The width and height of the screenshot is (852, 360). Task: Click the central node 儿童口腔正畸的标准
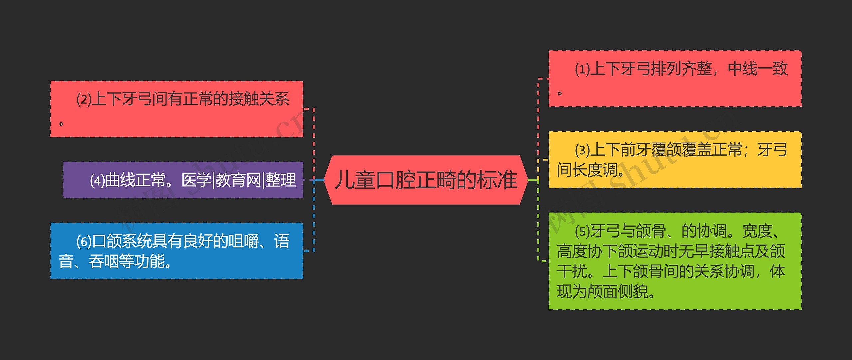pos(426,180)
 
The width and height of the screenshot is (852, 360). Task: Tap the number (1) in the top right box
pos(582,69)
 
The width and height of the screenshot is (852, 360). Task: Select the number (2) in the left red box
pos(84,99)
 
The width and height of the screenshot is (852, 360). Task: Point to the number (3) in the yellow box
pos(582,150)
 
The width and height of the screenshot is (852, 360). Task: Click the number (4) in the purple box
pos(97,180)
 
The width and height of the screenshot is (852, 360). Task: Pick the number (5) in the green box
pos(582,231)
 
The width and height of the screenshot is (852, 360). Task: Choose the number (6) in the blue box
pos(84,241)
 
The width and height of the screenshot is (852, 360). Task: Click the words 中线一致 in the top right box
pos(757,69)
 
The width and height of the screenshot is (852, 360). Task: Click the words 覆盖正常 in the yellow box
pos(712,150)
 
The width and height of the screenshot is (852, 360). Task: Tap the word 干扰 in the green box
pos(572,271)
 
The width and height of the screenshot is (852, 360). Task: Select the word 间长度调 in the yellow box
pos(587,170)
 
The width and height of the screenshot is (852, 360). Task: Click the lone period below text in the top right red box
pos(560,93)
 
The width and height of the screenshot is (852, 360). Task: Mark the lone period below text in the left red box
pos(61,124)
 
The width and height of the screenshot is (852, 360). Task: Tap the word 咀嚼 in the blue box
pos(244,241)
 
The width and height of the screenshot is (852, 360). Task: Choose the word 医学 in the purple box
pos(196,180)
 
